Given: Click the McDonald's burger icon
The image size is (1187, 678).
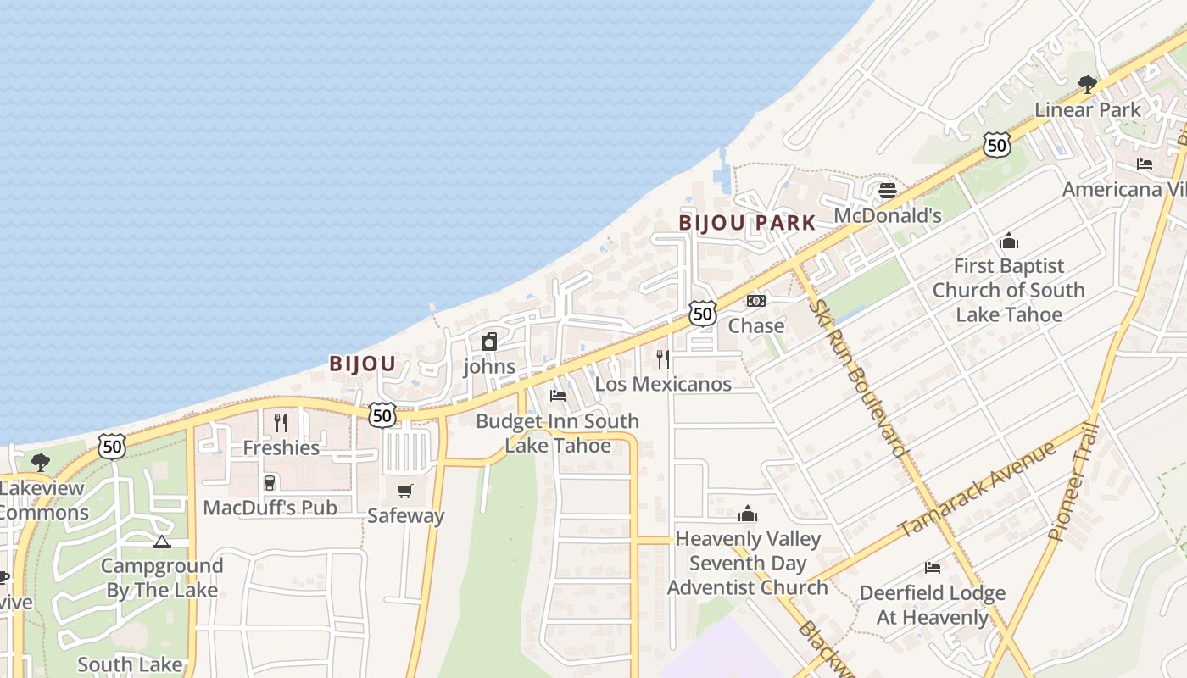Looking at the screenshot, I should pos(888,191).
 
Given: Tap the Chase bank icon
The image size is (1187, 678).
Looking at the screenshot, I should pos(755,301).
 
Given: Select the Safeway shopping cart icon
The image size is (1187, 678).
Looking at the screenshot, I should pos(405,491).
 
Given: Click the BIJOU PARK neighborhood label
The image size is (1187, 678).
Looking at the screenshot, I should pos(747,223).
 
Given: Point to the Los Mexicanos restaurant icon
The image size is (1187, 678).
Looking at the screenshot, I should pos(663,358).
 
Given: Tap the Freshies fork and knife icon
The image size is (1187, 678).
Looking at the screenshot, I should pos(281,422).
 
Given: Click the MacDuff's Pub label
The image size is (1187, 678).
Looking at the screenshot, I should pos(270,508).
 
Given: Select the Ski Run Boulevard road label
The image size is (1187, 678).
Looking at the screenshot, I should pos(858,378).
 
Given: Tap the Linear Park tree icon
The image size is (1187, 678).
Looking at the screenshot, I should pos(1088,84).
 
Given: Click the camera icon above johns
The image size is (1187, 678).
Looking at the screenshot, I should pos(489,342).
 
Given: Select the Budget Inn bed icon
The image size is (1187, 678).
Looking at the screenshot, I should pos(557,396).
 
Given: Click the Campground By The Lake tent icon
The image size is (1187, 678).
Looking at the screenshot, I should pos(162,542).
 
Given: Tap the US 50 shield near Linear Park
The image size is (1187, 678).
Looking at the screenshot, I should pos(997,145).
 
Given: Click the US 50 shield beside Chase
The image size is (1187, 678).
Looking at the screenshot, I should pos(702,314).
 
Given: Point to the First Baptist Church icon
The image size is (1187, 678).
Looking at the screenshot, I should pos(1008,241).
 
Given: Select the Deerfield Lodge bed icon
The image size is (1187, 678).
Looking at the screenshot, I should pos(933,568).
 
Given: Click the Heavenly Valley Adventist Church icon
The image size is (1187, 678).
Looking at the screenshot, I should pos(747,514).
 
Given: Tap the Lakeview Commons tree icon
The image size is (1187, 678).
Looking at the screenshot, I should pos(40,462).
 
